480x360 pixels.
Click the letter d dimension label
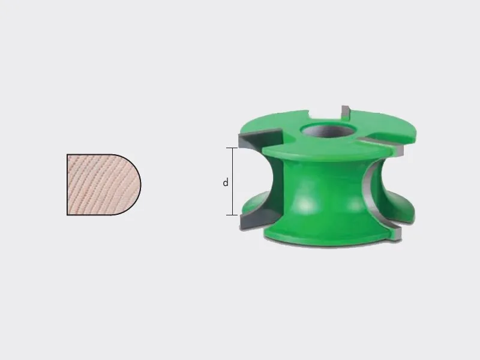coord(226,182)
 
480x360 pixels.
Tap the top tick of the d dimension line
coord(232,148)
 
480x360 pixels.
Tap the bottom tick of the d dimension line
coord(232,215)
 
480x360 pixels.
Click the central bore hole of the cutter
coord(326,130)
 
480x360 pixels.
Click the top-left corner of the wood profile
coord(67,154)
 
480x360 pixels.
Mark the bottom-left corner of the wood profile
coord(67,215)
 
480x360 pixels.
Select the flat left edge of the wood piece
coord(67,185)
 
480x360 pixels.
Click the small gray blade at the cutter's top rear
coord(346,112)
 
